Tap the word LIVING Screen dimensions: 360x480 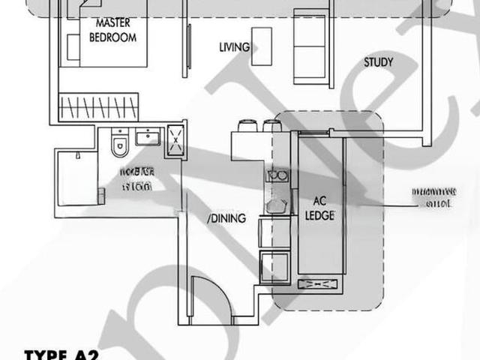coord(234,47)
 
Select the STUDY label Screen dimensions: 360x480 coord(379,62)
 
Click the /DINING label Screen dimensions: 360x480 coord(227,218)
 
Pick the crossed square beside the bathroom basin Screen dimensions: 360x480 coord(177,138)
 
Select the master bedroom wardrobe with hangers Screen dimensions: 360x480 coord(98,106)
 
